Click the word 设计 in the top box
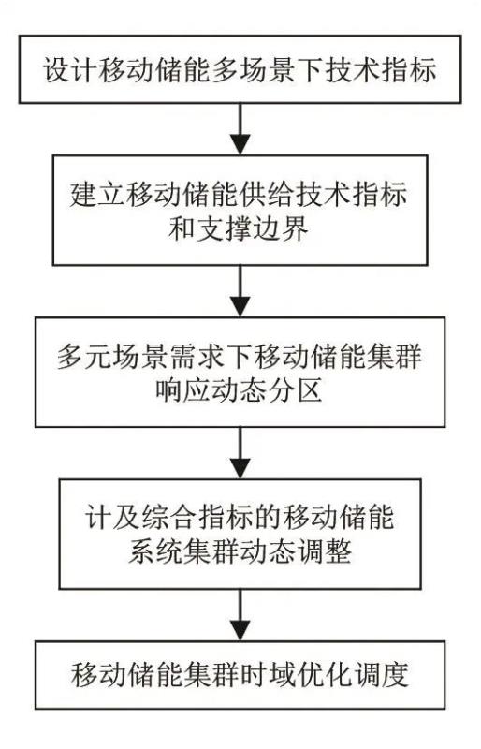(x=71, y=70)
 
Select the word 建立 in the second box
(x=97, y=195)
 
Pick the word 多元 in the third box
(x=85, y=357)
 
